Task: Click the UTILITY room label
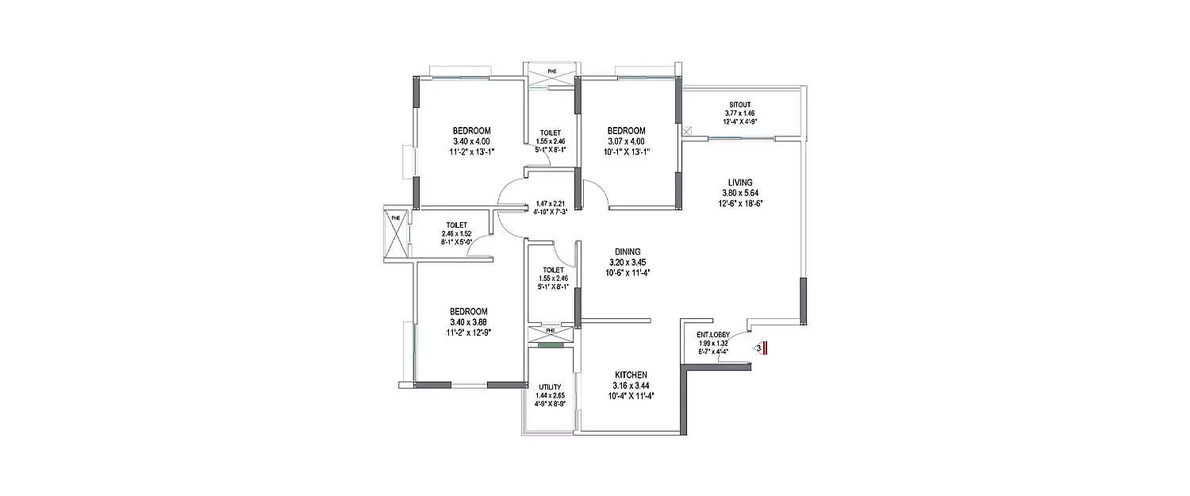(x=551, y=387)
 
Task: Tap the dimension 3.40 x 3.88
(x=469, y=322)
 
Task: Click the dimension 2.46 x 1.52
(x=456, y=233)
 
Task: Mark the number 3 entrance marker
(x=759, y=347)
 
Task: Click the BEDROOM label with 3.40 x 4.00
(x=472, y=131)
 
